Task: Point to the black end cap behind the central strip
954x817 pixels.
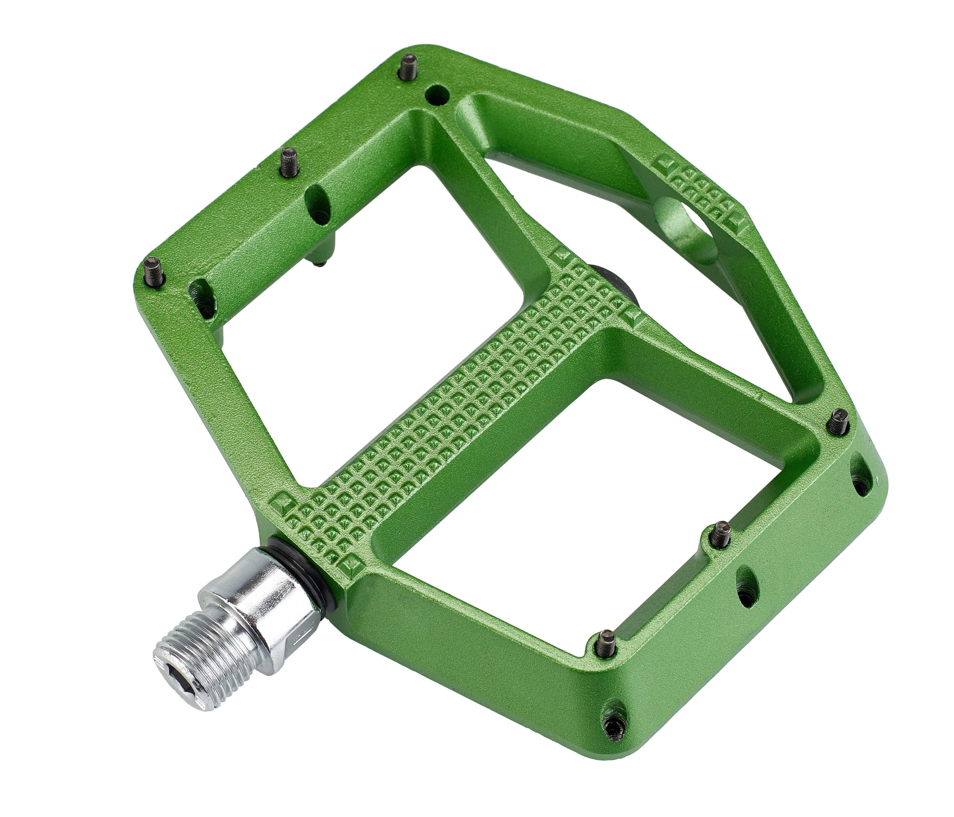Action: tap(617, 281)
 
